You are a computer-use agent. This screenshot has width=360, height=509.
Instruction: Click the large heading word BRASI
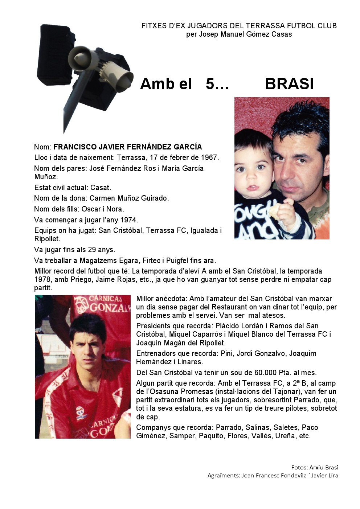coord(289,84)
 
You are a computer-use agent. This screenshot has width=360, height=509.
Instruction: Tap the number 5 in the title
coord(210,84)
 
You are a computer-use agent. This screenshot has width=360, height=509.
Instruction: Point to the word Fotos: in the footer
coord(299,467)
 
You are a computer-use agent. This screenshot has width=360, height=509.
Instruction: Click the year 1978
coord(42,280)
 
